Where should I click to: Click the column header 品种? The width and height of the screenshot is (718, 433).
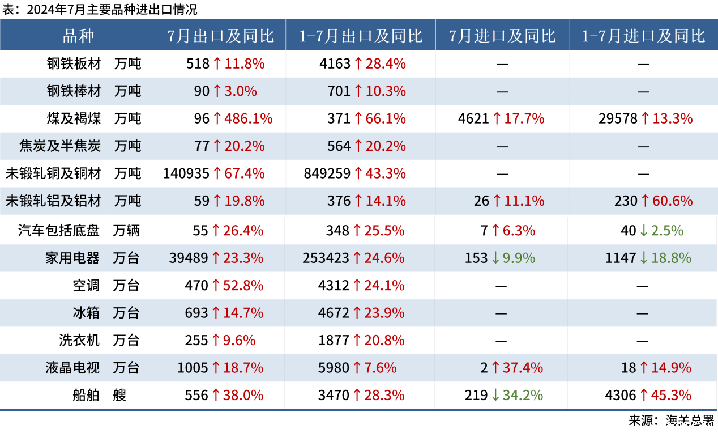78,36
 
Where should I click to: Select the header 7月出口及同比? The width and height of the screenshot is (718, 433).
221,36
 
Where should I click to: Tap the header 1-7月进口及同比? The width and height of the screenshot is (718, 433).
644,36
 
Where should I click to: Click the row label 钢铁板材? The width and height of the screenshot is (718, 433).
74,63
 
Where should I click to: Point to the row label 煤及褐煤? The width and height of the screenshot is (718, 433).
74,118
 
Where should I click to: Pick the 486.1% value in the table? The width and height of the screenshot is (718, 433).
249,118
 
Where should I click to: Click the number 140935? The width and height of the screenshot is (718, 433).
186,173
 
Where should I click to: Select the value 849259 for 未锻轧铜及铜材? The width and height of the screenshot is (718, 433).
327,173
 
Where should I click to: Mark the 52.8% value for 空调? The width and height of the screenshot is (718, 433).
243,286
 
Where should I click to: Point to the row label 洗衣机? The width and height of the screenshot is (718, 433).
79,340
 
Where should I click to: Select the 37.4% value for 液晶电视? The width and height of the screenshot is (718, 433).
524,368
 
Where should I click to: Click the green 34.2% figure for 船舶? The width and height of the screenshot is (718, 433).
524,395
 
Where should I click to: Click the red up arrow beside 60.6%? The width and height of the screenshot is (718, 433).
644,201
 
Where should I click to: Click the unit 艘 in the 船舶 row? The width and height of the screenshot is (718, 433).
119,395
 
